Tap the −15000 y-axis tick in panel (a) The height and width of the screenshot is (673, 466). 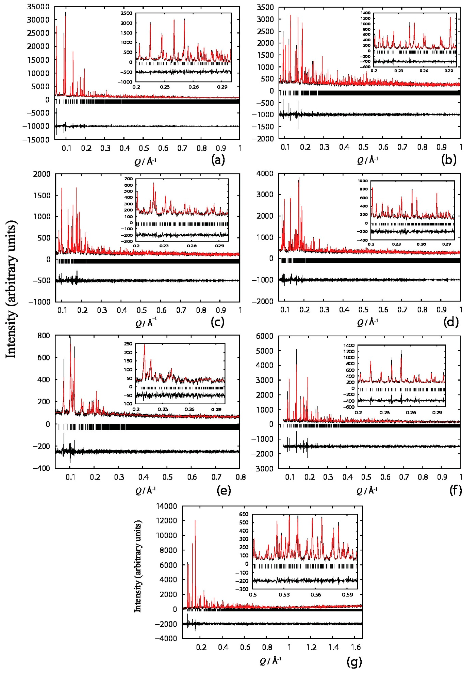pos(36,140)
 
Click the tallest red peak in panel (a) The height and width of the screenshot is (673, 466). pos(65,12)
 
